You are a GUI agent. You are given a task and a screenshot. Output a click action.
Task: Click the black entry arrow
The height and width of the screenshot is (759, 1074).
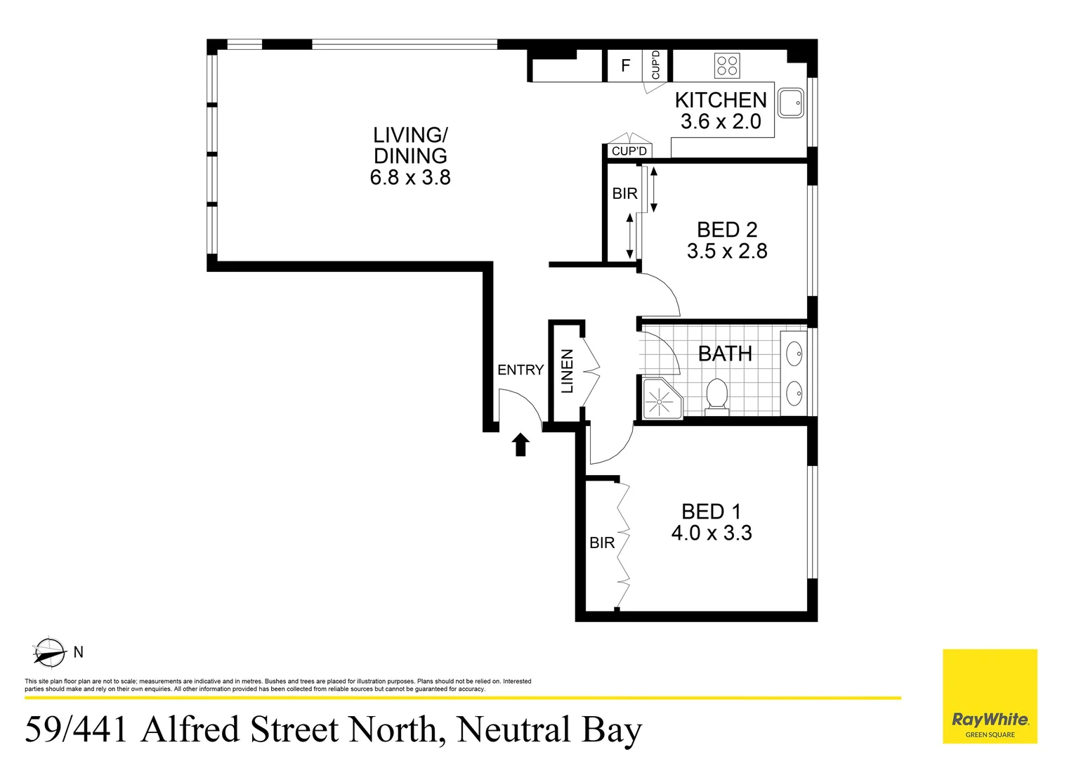520,444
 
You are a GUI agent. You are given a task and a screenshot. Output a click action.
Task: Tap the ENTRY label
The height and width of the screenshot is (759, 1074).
520,370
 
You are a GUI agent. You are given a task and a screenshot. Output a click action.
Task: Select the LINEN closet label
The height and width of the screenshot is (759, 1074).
567,371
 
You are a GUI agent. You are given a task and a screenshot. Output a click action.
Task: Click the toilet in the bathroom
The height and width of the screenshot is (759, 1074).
716,395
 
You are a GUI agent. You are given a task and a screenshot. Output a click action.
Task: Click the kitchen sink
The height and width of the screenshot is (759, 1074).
790,103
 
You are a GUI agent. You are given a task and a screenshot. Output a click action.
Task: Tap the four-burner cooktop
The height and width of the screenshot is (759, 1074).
726,66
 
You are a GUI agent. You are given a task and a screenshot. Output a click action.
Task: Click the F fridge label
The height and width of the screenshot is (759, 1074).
625,66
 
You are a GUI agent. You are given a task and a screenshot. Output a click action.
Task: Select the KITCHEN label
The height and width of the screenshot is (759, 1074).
721,100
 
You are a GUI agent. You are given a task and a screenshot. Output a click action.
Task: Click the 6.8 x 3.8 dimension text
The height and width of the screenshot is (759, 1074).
410,178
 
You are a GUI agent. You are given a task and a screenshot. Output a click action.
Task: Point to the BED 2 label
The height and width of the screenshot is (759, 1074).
727,230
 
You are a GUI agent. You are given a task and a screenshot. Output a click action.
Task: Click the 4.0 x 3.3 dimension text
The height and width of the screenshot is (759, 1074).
712,533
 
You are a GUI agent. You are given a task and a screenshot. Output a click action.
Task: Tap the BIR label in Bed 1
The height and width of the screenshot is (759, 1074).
602,543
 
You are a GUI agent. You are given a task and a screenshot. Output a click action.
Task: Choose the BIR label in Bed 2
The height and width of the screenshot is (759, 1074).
624,193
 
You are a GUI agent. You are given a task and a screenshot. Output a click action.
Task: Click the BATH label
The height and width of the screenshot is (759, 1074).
725,353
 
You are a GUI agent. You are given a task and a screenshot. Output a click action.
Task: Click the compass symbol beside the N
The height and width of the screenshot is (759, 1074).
49,653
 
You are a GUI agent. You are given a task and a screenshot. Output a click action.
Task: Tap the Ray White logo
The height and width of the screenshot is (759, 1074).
990,721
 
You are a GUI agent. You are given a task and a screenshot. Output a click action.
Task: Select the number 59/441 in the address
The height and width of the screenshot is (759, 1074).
77,729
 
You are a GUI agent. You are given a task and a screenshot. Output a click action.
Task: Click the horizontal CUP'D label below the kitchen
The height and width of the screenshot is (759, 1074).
629,151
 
